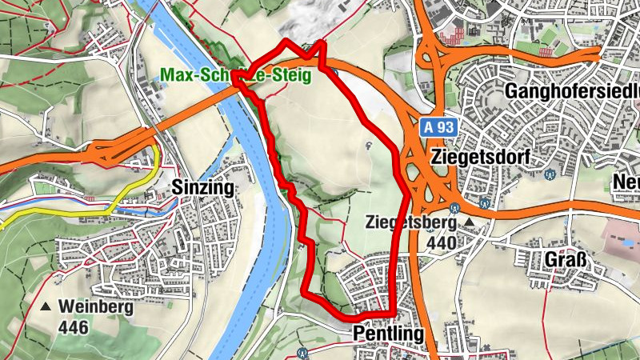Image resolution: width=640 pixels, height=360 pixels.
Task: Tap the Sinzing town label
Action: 202,188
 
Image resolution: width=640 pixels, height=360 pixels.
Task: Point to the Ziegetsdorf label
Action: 479,156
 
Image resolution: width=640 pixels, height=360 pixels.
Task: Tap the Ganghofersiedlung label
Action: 572,91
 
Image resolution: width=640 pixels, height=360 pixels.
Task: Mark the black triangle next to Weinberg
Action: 46,306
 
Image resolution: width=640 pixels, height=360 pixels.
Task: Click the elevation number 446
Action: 74,326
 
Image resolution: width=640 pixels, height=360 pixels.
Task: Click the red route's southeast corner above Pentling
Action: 394,312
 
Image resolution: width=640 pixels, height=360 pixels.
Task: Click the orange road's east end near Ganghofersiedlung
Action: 598,54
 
